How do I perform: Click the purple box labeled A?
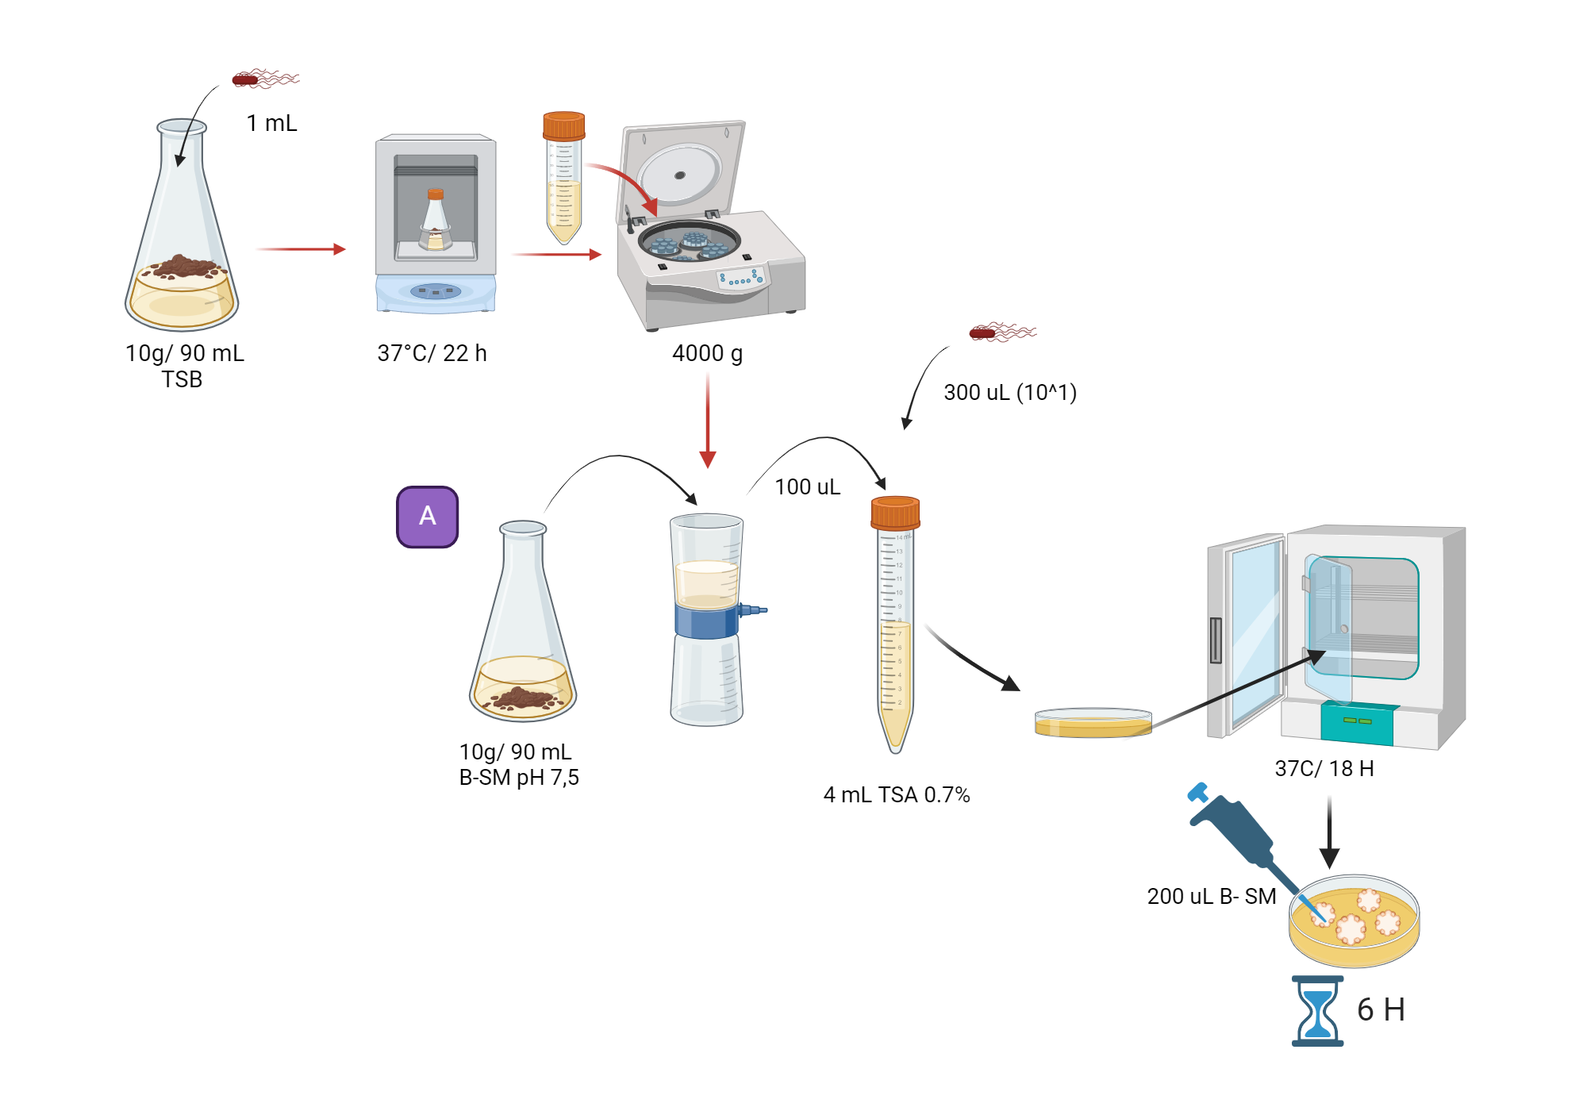coord(427,517)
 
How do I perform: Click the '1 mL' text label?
coord(271,123)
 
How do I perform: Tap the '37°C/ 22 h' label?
coord(432,353)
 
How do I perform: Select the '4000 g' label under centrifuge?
coord(707,353)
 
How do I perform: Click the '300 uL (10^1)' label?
coord(1009,392)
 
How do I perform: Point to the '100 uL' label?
coord(807,486)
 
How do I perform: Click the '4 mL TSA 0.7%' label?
coord(896,794)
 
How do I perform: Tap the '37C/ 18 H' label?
coord(1324,768)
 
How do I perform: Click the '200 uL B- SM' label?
coord(1211,896)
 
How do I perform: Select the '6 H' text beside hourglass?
coord(1381,1009)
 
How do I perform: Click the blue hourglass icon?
coord(1317,1011)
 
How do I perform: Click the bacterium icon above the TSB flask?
coord(263,79)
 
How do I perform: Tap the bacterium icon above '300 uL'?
coord(1001,333)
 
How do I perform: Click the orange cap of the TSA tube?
coord(895,513)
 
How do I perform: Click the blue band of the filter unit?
coord(705,622)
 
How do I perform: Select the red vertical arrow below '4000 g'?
coord(708,421)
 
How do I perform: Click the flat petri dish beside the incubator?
coord(1093,723)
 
